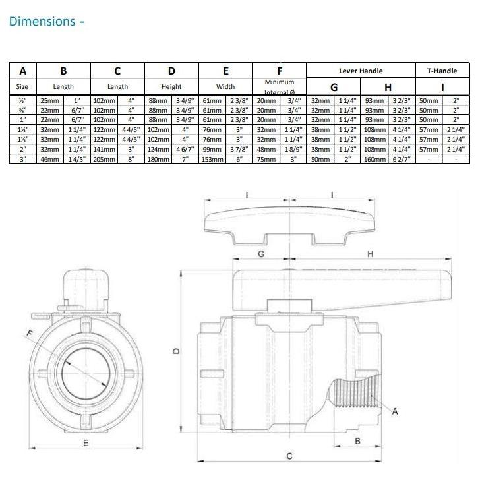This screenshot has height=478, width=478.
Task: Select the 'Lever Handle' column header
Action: pyautogui.click(x=361, y=71)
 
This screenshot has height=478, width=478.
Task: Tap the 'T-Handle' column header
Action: pyautogui.click(x=442, y=71)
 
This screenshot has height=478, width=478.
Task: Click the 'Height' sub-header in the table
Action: pyautogui.click(x=171, y=87)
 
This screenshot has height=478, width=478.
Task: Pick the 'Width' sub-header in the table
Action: pyautogui.click(x=225, y=87)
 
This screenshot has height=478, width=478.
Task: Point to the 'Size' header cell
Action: pyautogui.click(x=22, y=87)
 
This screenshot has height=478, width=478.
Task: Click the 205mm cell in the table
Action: pyautogui.click(x=104, y=159)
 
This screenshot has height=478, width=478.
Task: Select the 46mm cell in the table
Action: pyautogui.click(x=49, y=159)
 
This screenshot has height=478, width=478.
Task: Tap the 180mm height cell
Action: pyautogui.click(x=158, y=159)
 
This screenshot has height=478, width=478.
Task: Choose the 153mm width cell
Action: pyautogui.click(x=212, y=159)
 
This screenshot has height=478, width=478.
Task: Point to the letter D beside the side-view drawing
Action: pyautogui.click(x=175, y=351)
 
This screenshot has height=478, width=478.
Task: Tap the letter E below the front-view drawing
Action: pyautogui.click(x=85, y=443)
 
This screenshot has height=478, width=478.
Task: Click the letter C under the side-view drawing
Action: pyautogui.click(x=289, y=456)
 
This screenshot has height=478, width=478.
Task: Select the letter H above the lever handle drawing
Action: pyautogui.click(x=370, y=254)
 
